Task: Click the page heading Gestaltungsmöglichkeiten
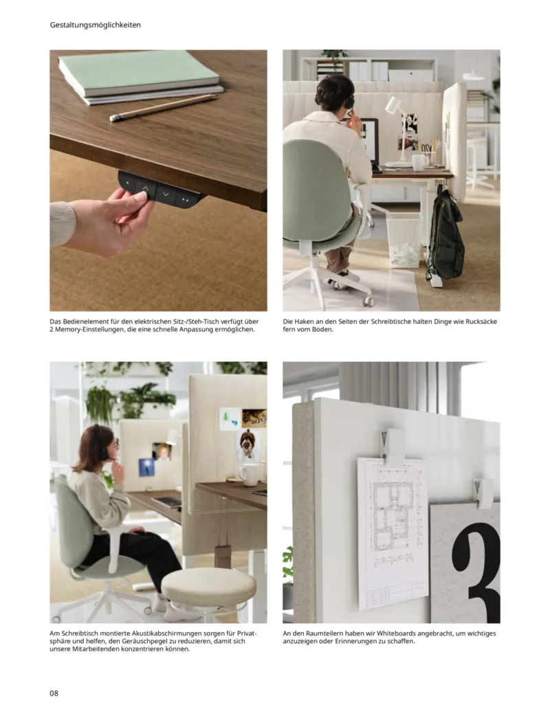(x=96, y=25)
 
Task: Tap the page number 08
(x=54, y=692)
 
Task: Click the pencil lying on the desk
(x=163, y=108)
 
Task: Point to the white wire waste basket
(x=404, y=238)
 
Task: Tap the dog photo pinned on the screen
(x=247, y=445)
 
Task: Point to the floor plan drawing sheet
(x=393, y=532)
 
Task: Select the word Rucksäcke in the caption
(x=478, y=321)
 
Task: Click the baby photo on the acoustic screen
(x=163, y=451)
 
